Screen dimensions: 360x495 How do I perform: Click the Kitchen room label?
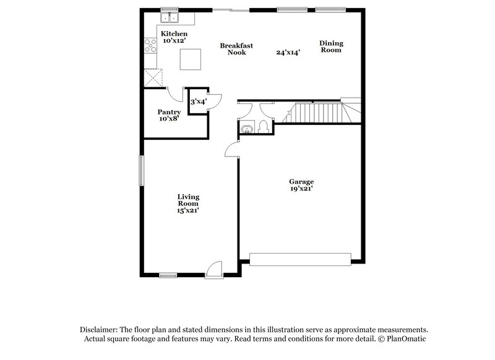point(174,33)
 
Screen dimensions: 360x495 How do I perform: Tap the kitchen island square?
point(191,60)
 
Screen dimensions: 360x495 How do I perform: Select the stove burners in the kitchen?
point(150,45)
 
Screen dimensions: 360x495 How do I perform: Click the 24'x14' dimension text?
point(288,53)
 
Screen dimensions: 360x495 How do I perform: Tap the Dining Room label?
point(331,46)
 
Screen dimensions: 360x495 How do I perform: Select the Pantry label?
point(169,112)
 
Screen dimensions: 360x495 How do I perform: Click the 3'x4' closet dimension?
point(199,101)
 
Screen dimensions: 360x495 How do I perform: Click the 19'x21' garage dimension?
point(302,189)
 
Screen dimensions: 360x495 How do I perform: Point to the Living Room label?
point(188,200)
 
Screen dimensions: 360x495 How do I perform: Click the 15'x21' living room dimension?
point(187,210)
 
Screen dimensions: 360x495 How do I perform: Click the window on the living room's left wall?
point(140,170)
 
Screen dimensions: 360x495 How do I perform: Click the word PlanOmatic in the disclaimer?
point(407,339)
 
